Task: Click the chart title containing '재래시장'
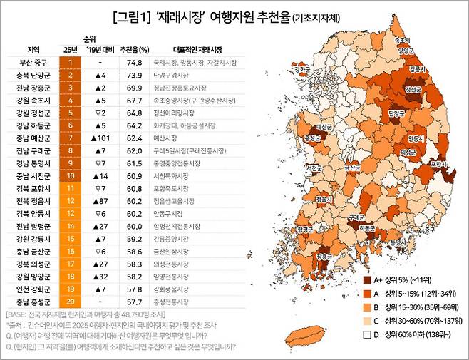coord(234,16)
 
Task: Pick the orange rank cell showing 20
coord(71,288)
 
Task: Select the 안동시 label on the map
coord(413,138)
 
